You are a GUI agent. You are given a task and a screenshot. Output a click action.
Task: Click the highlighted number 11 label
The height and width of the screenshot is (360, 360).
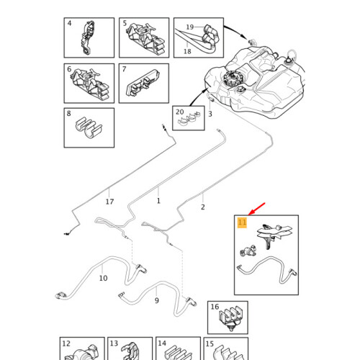(242, 223)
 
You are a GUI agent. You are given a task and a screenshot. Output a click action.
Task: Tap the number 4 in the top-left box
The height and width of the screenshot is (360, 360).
(70, 24)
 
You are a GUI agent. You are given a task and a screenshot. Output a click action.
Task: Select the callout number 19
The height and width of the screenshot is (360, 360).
(190, 27)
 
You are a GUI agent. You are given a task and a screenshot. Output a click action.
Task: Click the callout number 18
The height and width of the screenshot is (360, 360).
(186, 51)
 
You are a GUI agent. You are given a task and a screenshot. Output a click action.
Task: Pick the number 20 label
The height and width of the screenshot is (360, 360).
(179, 113)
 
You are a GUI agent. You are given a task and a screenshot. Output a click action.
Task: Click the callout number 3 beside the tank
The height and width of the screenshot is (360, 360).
(210, 114)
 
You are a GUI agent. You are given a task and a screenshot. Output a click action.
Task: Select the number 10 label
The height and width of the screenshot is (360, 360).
(103, 278)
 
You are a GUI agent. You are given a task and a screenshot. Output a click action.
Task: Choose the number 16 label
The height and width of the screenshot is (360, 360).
(215, 307)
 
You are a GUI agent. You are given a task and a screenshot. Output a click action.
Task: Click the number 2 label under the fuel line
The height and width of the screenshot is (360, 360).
(203, 207)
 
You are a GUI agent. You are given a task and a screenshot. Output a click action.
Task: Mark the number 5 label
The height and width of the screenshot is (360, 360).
(125, 24)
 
